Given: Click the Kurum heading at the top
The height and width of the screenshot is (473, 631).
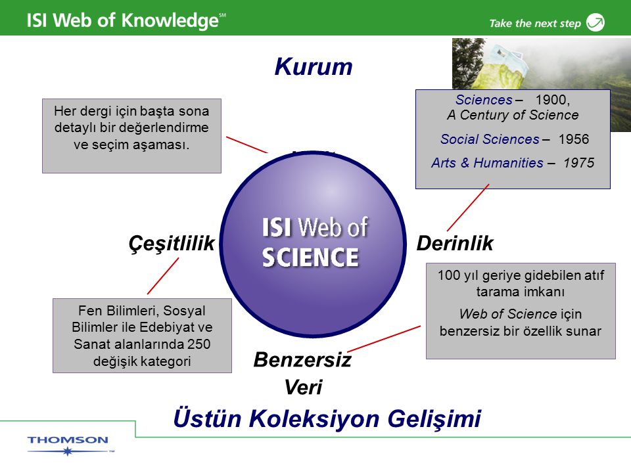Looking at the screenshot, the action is click(x=313, y=66).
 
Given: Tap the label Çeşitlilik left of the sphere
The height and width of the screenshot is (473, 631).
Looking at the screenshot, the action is click(x=172, y=244).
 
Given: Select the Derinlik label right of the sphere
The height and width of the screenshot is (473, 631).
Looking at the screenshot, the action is click(x=455, y=243).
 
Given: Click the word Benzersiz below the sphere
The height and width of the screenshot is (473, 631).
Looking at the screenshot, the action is click(x=302, y=359).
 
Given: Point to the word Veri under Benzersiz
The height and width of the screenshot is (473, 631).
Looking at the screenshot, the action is click(x=303, y=388).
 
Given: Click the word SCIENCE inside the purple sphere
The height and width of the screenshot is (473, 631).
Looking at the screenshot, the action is click(x=310, y=258).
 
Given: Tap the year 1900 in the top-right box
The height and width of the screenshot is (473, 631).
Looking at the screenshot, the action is click(x=552, y=100).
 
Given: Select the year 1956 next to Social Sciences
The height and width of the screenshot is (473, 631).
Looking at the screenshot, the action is click(x=573, y=139).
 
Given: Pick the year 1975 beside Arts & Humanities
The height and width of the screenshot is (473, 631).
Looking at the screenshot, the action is click(x=578, y=163).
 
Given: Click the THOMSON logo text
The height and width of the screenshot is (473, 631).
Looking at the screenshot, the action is click(x=68, y=440).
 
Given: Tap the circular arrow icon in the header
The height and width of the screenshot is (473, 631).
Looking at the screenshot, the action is click(x=596, y=22).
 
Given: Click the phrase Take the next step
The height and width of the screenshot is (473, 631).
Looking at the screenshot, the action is click(x=535, y=24).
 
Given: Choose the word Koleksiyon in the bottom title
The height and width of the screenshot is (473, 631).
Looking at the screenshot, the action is click(x=314, y=418).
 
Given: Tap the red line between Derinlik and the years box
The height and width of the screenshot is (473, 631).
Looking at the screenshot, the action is click(x=468, y=208).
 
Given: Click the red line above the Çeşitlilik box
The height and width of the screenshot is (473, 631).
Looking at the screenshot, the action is click(x=163, y=276).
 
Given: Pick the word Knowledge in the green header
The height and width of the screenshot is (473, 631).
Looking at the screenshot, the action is click(x=170, y=21).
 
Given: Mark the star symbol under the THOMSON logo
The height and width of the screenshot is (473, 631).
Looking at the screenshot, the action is click(x=68, y=451).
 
